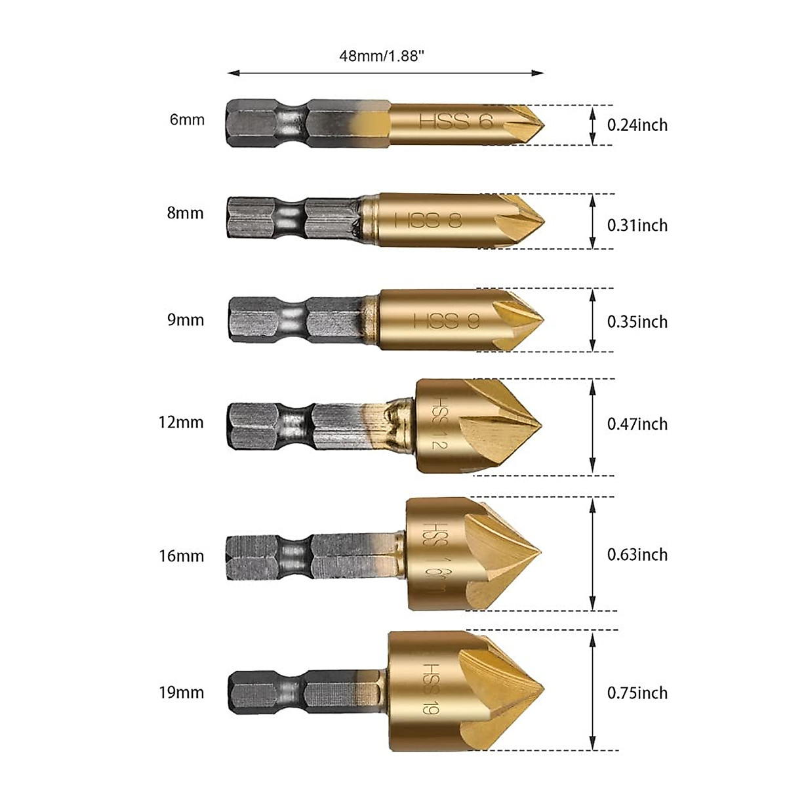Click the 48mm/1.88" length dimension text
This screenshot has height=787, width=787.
381,56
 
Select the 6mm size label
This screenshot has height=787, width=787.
187,120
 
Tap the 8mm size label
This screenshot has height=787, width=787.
186,213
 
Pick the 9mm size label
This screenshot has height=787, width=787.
186,320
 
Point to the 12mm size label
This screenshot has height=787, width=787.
181,422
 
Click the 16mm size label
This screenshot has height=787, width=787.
181,556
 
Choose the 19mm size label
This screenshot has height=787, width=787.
181,693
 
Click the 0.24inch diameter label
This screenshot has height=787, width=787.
637,125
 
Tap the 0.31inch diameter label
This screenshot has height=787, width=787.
637,225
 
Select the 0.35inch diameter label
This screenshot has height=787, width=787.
637,321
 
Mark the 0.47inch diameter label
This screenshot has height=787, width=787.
637,424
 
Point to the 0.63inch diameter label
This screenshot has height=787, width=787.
637,555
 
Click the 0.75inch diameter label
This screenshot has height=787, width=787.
637,693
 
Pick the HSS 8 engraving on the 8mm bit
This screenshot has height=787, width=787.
428,220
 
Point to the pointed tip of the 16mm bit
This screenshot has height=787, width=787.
540,552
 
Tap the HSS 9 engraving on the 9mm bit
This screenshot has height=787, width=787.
446,321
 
